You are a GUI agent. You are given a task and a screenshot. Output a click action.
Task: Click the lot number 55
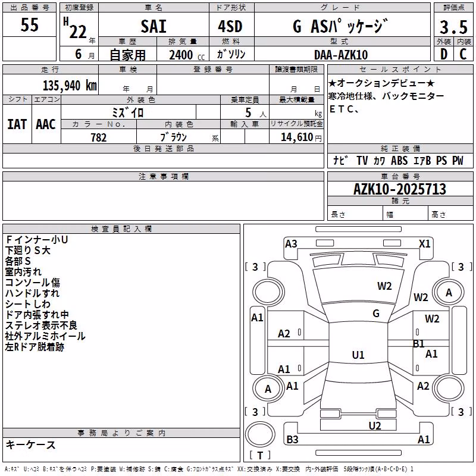coord(29,24)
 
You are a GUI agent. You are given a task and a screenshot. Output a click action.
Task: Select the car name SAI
coord(154,26)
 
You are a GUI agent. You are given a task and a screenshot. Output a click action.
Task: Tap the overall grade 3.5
coord(453,27)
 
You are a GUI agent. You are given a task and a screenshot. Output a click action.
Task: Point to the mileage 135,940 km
coord(70,85)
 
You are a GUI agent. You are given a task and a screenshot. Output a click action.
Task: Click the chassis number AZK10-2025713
coord(400,189)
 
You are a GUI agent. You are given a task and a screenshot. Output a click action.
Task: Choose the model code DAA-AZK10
coord(341,55)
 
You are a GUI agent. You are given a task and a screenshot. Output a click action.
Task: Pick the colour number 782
coord(99,137)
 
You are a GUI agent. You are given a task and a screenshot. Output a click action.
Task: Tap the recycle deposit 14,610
coord(296,137)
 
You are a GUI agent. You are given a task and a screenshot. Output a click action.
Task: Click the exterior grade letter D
coord(444,54)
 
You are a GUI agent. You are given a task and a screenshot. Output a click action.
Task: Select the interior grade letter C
coord(463,54)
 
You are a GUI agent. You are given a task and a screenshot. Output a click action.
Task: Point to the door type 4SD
coord(230,26)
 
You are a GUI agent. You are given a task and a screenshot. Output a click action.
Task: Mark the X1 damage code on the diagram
coord(424,244)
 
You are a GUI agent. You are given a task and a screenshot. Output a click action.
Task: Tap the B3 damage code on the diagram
coord(292,439)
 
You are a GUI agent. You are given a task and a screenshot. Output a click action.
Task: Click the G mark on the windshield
coord(376,313)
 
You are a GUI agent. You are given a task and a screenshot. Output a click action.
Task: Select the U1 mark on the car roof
coord(358,355)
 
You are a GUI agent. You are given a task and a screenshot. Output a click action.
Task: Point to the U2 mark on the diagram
coord(375,426)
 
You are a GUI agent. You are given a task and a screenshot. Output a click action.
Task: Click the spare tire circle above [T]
coord(260,434)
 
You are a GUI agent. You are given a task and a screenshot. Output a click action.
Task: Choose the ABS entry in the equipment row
coord(399,161)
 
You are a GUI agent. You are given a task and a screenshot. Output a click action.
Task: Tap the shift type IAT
coord(17,124)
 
